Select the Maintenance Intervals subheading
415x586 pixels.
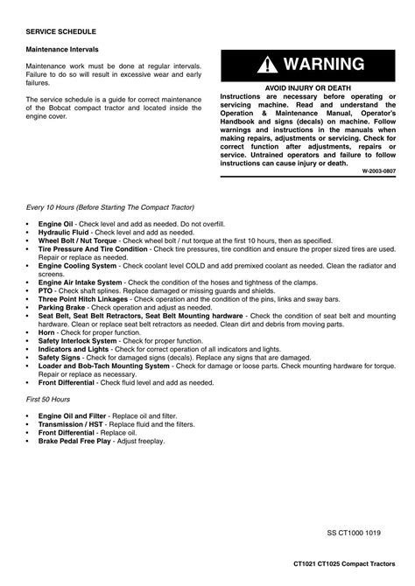pyautogui.click(x=61, y=49)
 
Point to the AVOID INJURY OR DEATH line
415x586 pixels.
pyautogui.click(x=306, y=87)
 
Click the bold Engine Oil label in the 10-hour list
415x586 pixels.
pyautogui.click(x=56, y=225)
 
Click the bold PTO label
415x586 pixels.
pyautogui.click(x=46, y=290)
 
